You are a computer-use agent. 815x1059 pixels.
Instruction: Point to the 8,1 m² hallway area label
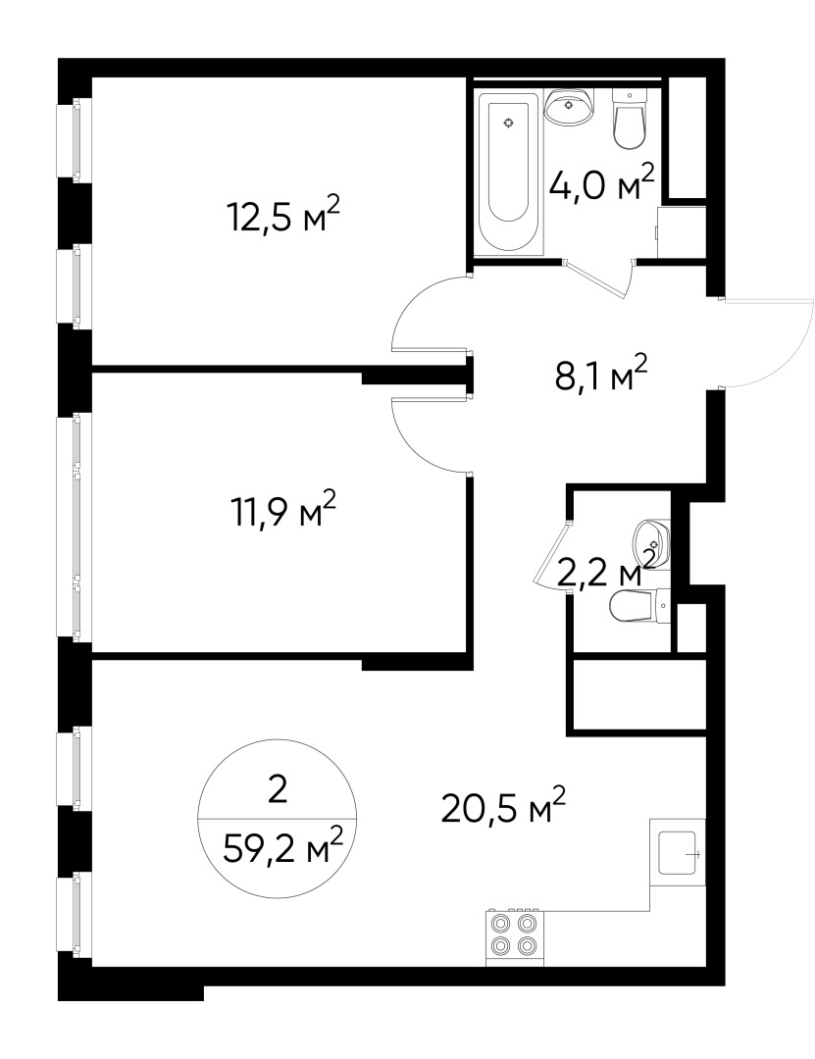pos(601,374)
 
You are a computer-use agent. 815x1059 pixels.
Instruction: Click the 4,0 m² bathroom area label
pos(601,184)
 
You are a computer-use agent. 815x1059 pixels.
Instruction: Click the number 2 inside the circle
pos(278,790)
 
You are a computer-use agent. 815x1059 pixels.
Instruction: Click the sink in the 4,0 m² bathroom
pos(569,107)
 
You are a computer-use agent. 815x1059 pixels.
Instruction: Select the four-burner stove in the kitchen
pos(514,934)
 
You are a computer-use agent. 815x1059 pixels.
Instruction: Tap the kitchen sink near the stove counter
pos(678,852)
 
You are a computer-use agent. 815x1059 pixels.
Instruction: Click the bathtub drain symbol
pos(507,123)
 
